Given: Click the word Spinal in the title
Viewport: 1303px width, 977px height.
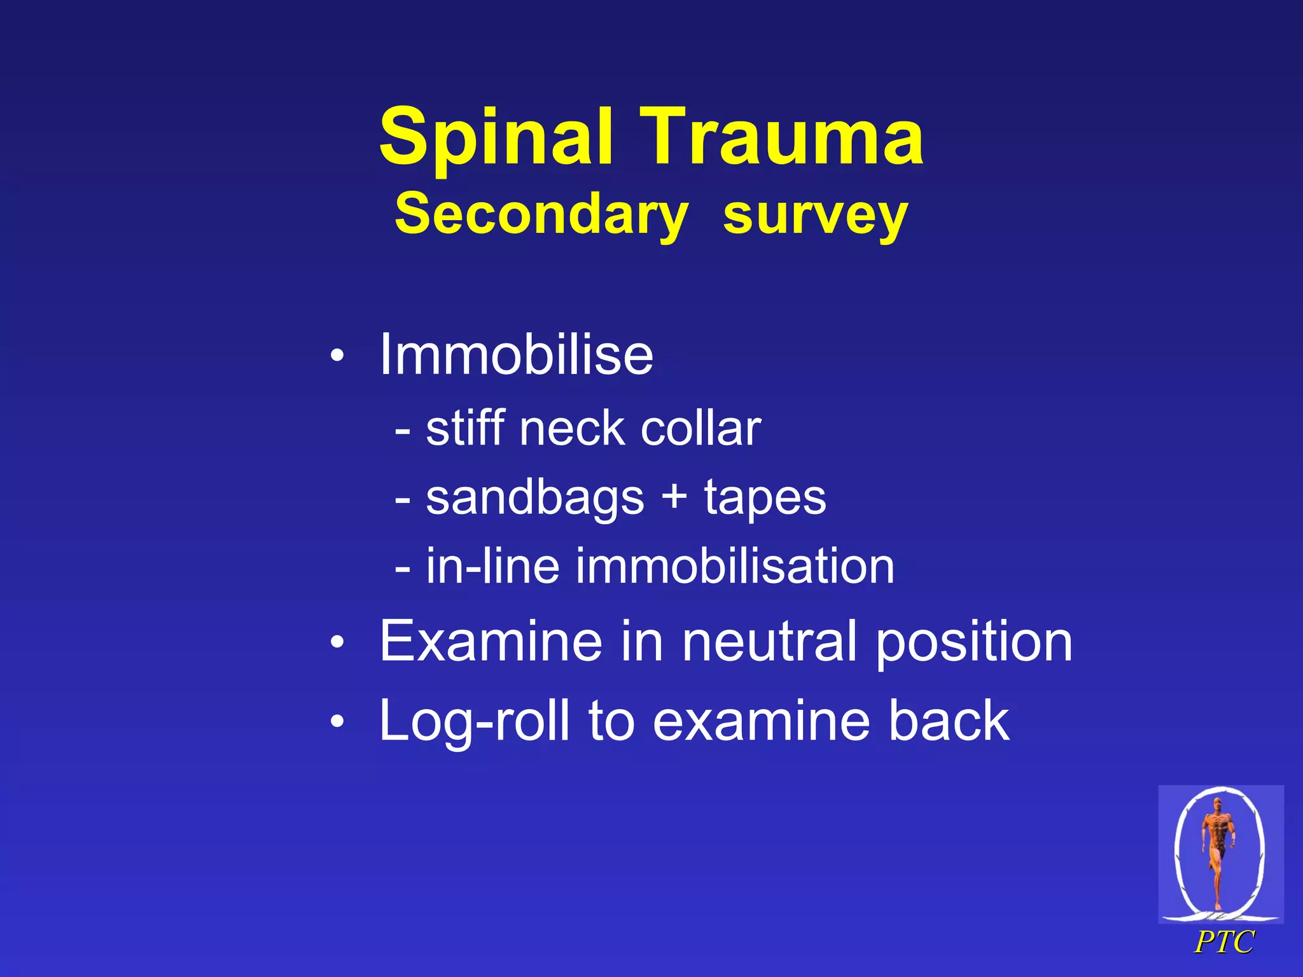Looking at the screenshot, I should click(x=496, y=137).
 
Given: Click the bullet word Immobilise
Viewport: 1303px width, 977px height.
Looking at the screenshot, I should click(x=516, y=354).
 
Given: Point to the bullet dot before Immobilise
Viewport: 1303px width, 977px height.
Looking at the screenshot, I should click(x=337, y=356).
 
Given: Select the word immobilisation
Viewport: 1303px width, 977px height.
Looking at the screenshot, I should click(x=735, y=565).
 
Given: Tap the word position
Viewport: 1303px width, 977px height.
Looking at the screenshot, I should click(x=974, y=642).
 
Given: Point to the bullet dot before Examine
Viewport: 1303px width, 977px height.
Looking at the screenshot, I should click(x=337, y=643).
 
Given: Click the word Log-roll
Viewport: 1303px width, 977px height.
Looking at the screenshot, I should click(x=474, y=721).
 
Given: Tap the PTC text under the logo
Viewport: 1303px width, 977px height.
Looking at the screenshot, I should click(x=1223, y=942).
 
